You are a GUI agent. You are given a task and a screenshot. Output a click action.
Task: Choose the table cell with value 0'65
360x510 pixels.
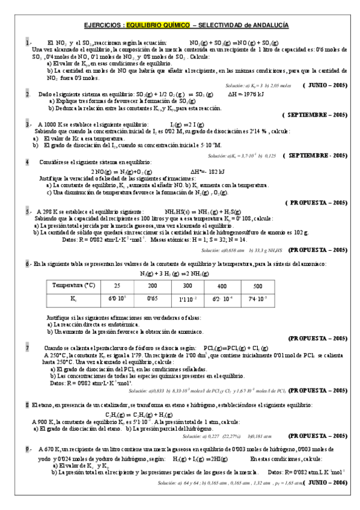tap(153, 298)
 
